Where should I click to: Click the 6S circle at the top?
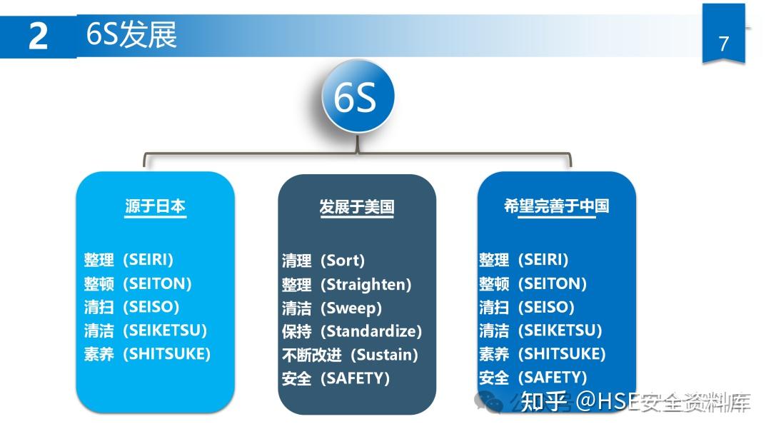(x=358, y=98)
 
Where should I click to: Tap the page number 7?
(x=723, y=44)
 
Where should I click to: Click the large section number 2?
(x=38, y=36)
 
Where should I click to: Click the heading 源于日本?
(x=155, y=206)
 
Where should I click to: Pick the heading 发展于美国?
(x=356, y=207)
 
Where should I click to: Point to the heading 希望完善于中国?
(x=556, y=206)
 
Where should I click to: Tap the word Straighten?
(x=366, y=284)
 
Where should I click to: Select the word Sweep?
(x=351, y=308)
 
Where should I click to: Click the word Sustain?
(x=385, y=355)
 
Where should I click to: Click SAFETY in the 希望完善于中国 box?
(x=553, y=377)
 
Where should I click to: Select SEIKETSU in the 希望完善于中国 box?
(x=560, y=330)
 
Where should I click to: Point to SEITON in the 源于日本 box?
(x=158, y=283)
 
